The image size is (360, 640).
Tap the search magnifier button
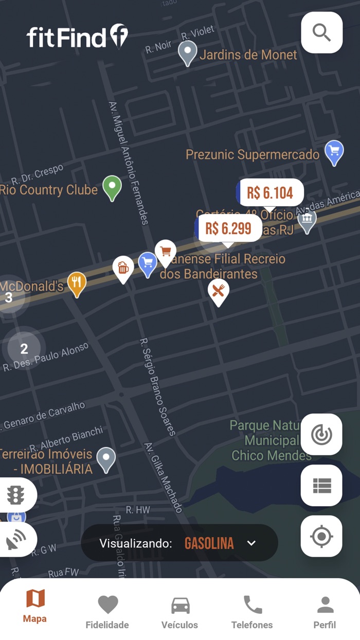point(321,32)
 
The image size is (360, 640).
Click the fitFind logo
point(77,37)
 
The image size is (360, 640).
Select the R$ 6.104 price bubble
point(270,193)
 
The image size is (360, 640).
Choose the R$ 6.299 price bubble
point(228,228)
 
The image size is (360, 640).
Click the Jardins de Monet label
point(248,55)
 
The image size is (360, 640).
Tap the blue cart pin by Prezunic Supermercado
point(334,152)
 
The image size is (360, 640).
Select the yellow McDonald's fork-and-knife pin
point(77,282)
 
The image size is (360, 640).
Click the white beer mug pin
point(123,268)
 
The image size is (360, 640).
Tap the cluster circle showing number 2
point(24,349)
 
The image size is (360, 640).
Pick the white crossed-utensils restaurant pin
point(218,291)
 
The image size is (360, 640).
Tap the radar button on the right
point(321,435)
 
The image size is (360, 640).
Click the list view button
point(321,486)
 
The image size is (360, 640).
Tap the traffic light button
point(16,495)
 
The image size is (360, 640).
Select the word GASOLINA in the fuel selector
point(209,543)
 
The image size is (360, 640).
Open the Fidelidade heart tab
point(107,612)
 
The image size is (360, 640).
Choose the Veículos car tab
point(180,612)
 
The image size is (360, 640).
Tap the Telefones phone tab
point(252,612)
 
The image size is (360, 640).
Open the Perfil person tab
point(325,612)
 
